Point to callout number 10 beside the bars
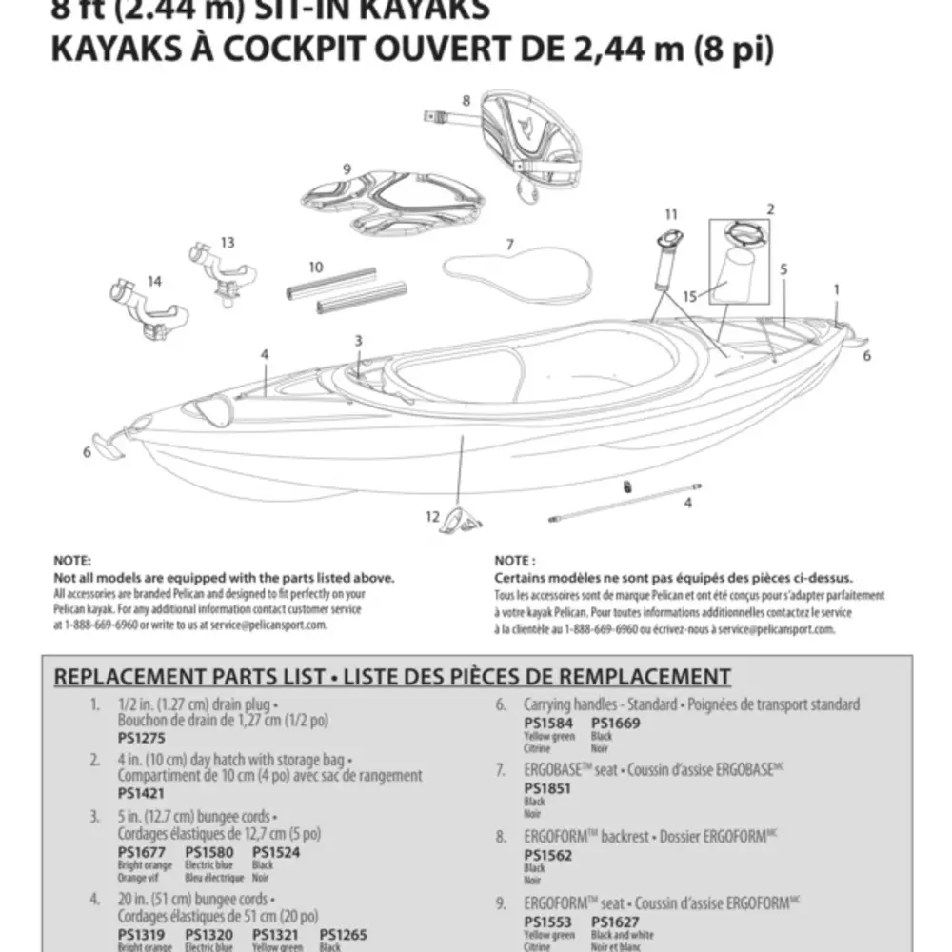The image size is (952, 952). (316, 268)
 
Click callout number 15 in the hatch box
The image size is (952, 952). (690, 296)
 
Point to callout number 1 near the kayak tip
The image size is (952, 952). (836, 288)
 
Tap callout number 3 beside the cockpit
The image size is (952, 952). (358, 340)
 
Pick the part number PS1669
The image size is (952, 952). (615, 724)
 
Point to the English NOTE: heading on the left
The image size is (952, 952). (72, 562)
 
